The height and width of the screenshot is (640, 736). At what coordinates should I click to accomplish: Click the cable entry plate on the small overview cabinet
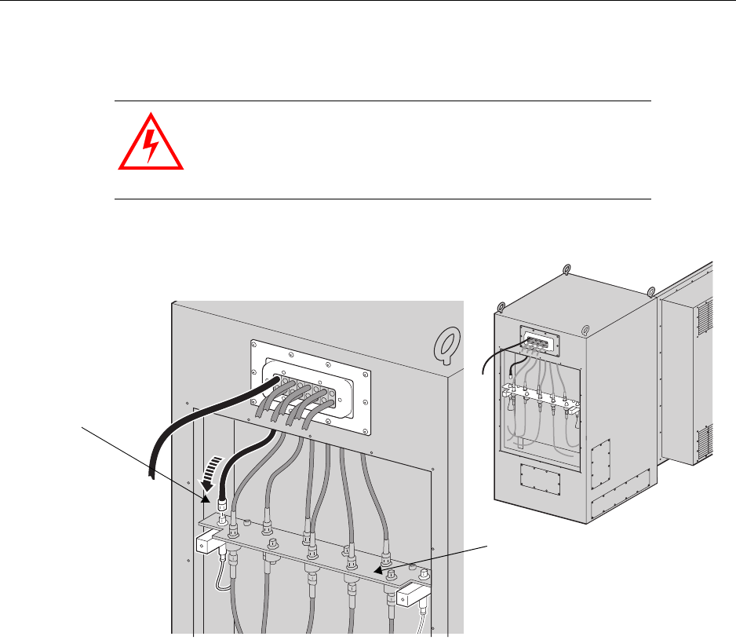pyautogui.click(x=541, y=341)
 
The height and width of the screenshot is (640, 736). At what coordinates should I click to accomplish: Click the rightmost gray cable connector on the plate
pyautogui.click(x=386, y=561)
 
